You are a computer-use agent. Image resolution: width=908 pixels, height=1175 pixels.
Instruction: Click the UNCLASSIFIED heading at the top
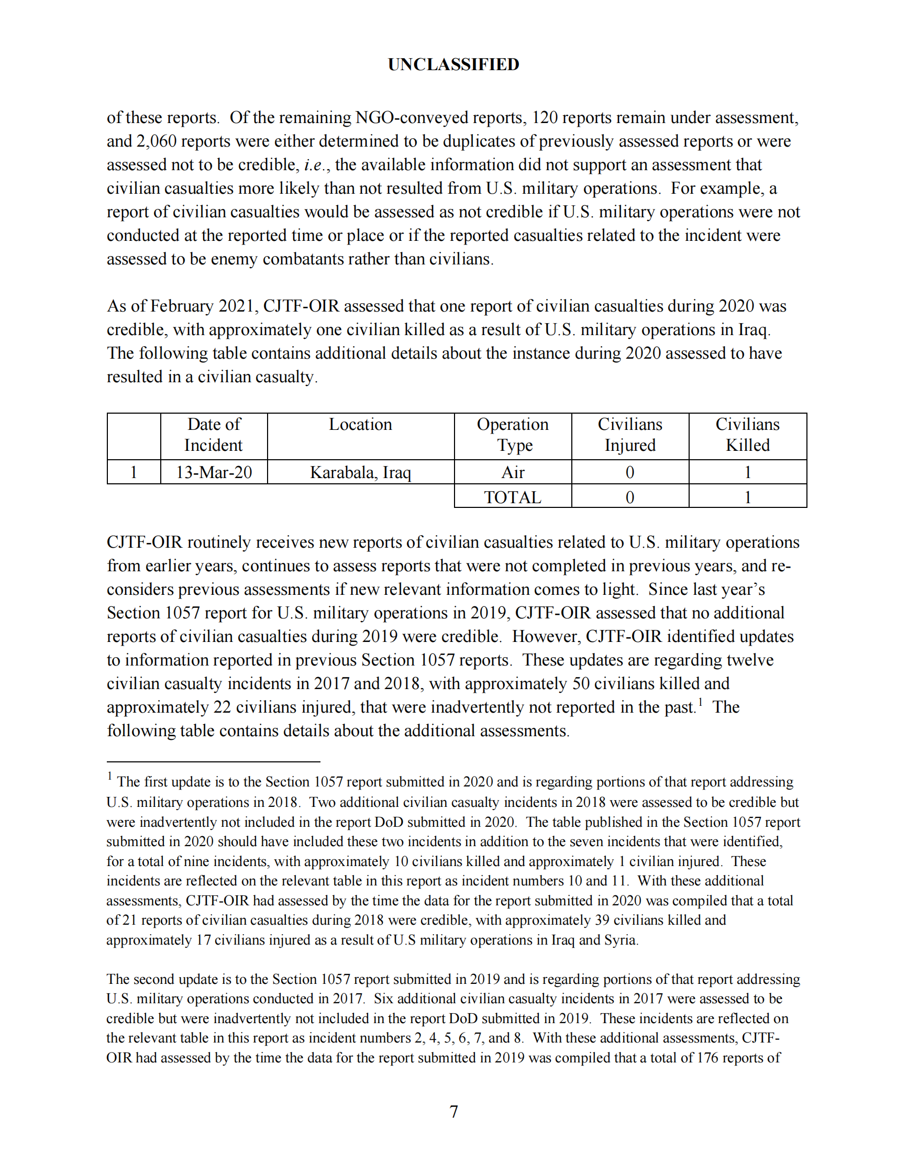tap(453, 64)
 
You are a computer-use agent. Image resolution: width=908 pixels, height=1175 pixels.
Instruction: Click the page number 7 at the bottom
tap(453, 1111)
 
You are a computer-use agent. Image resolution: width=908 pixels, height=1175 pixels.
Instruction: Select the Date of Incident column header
tap(214, 435)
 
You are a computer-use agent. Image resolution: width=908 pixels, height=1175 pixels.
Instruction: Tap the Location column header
tap(360, 425)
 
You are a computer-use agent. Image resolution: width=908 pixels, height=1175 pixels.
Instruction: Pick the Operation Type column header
tap(513, 435)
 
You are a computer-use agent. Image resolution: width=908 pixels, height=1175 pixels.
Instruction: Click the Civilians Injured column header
tap(630, 435)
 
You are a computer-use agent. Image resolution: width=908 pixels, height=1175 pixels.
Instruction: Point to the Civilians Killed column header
tap(747, 435)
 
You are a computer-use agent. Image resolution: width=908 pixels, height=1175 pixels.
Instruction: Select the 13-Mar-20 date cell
tap(214, 472)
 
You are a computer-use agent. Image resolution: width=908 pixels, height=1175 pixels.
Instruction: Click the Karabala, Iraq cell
tap(360, 472)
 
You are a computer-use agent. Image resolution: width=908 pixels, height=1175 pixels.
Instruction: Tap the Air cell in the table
tap(513, 472)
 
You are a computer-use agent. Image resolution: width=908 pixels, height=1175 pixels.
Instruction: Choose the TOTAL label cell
tap(513, 497)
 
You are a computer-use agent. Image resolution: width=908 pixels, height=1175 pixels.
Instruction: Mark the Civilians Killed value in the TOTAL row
tap(747, 497)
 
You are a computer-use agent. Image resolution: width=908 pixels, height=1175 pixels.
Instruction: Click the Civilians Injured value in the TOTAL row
tap(630, 497)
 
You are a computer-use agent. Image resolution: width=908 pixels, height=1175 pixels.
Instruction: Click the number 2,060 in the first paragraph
tap(157, 141)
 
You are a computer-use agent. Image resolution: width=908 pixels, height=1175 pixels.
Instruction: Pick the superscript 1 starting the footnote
tap(110, 776)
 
